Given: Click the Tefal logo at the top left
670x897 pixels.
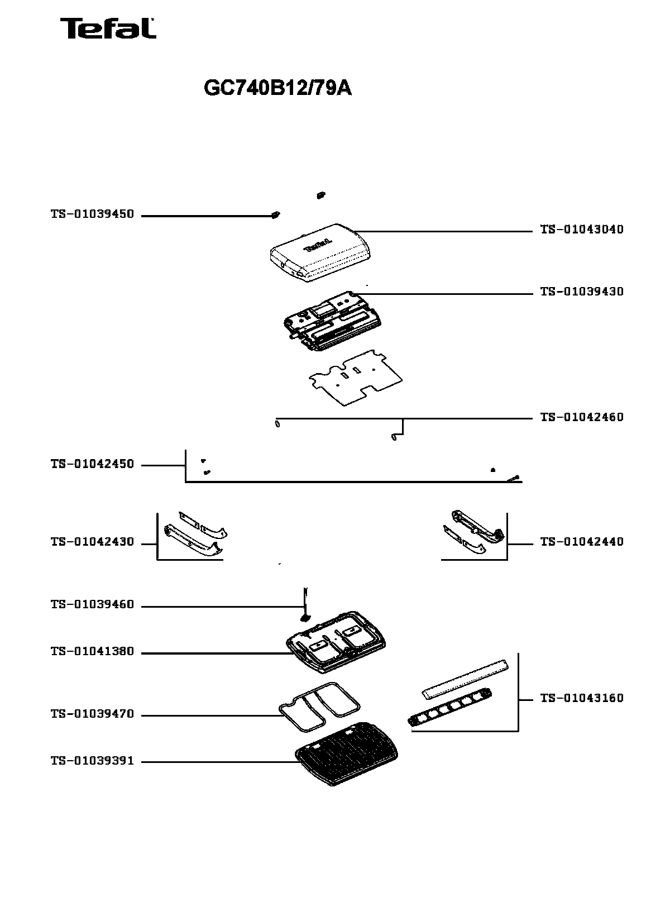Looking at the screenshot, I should [x=108, y=28].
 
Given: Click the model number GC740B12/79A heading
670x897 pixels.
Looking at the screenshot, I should [x=277, y=88].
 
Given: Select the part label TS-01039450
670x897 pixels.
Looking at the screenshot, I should [x=92, y=214].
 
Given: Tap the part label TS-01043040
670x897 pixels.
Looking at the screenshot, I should [x=581, y=229].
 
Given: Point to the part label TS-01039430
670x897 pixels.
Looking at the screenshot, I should [x=581, y=292].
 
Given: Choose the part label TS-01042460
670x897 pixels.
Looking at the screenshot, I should [x=581, y=417].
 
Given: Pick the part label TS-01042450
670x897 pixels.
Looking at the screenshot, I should [x=92, y=464].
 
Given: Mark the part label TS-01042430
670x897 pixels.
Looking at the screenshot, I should [x=92, y=542].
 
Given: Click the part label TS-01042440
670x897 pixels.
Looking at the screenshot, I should [x=581, y=542].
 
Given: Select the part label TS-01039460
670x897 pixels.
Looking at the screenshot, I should [x=92, y=605].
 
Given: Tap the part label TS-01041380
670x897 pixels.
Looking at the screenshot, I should [x=92, y=651].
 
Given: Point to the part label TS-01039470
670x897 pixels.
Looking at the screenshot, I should [x=92, y=714].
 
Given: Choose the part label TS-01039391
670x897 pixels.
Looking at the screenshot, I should [x=92, y=761].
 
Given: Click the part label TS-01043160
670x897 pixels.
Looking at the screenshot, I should [x=581, y=698].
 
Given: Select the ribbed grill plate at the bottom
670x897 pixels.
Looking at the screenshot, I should [x=346, y=754].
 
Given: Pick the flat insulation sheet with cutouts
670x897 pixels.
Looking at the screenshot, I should [x=356, y=378].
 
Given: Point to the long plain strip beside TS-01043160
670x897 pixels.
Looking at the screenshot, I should [x=465, y=678].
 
